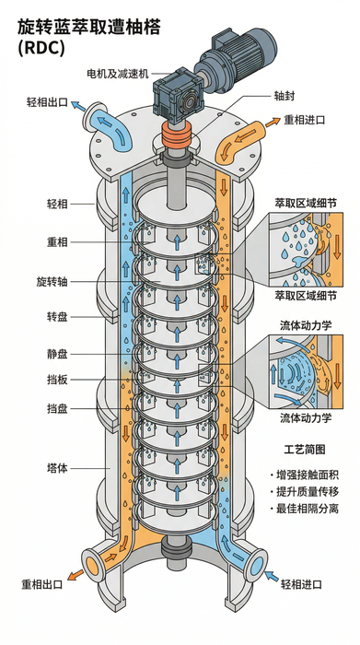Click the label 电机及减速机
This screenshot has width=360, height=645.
[117, 74]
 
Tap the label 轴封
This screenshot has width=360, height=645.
[284, 96]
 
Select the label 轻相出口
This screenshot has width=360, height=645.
[47, 102]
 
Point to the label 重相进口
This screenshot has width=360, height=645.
[305, 120]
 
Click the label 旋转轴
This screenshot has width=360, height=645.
[52, 282]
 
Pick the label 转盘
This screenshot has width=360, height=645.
[57, 317]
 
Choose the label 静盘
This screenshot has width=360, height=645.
[57, 354]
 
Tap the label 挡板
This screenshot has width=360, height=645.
[57, 380]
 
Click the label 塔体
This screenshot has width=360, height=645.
[57, 468]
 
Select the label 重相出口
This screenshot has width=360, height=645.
[42, 584]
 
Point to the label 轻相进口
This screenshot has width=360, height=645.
[302, 584]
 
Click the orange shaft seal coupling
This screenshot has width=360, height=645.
[176, 135]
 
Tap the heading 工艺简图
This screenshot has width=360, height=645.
[305, 450]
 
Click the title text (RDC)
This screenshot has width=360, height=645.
[41, 48]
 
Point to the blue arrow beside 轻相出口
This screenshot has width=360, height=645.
[78, 106]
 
